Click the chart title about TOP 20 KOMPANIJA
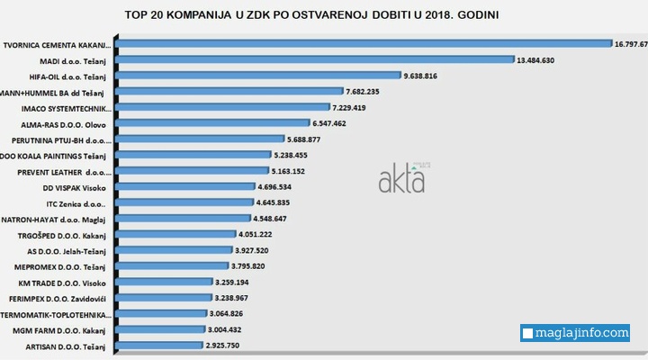click(x=323, y=16)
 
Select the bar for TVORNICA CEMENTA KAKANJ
click(x=364, y=43)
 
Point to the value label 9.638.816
click(x=433, y=76)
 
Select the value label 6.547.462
click(x=335, y=123)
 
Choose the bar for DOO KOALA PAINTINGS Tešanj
click(x=193, y=155)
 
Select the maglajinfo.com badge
click(x=575, y=333)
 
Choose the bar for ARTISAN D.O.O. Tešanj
click(x=158, y=346)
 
